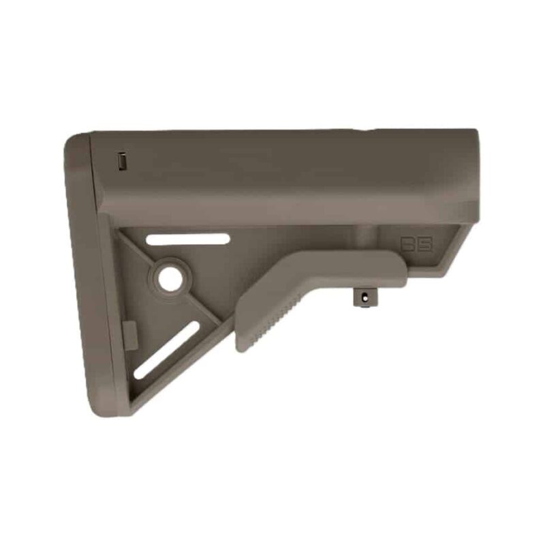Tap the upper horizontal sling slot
[189, 239]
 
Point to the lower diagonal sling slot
[166, 350]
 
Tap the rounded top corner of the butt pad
[82, 139]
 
